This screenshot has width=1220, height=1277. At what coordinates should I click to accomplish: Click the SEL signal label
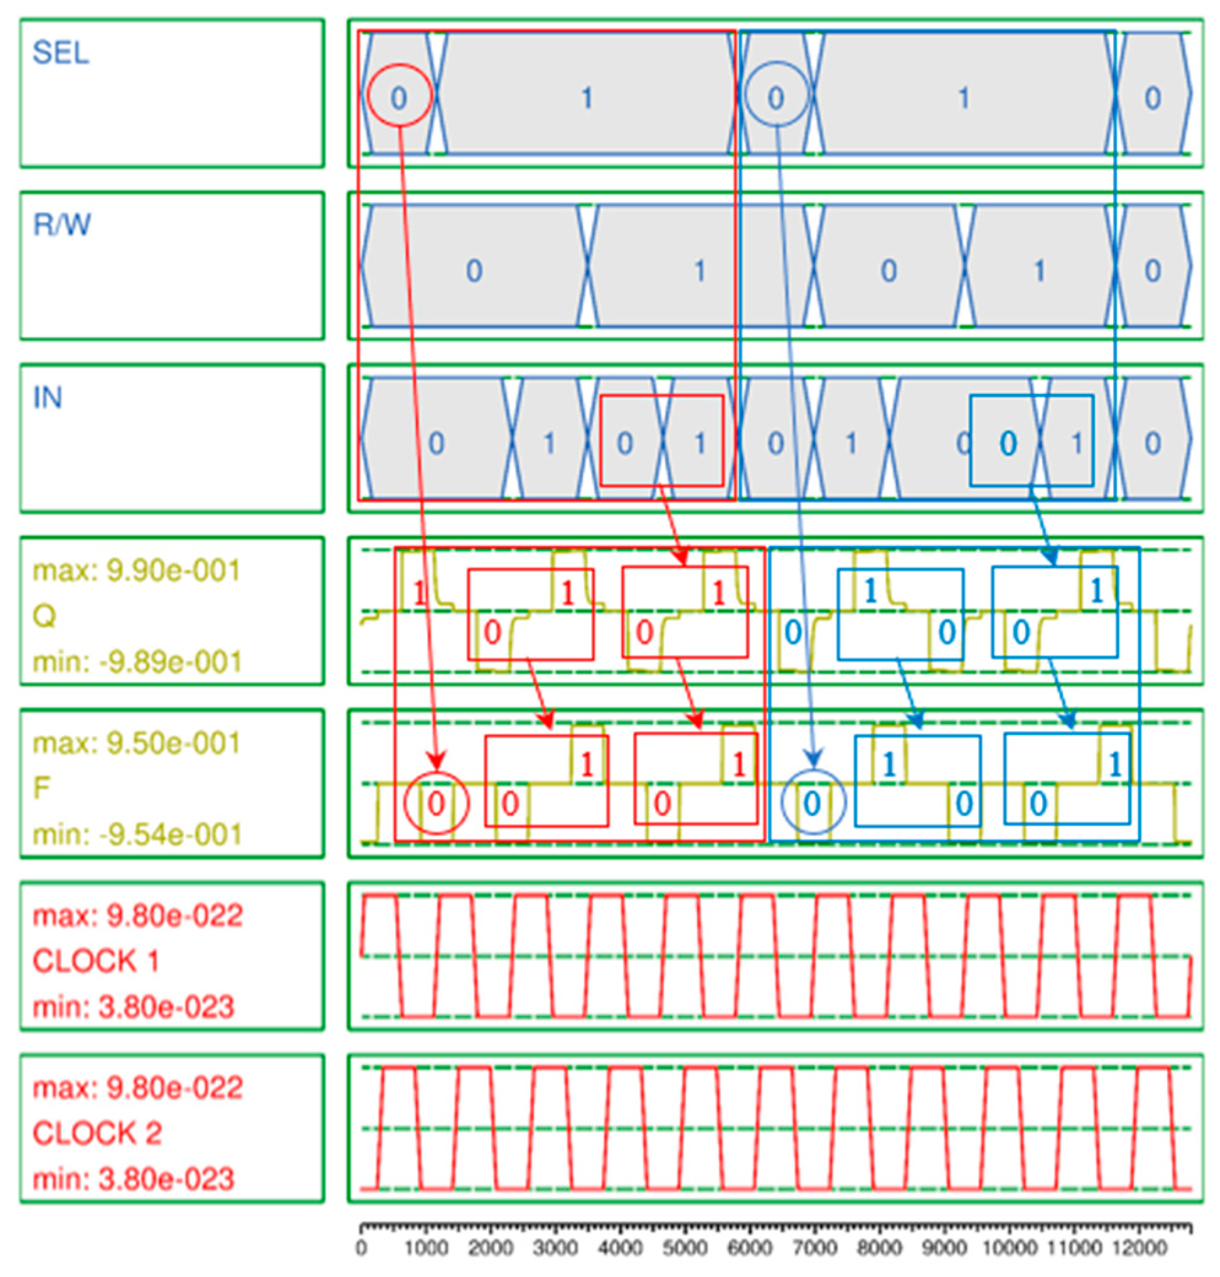61,53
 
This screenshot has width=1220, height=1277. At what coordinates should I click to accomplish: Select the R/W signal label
62,225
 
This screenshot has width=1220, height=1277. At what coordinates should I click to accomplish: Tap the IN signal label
48,398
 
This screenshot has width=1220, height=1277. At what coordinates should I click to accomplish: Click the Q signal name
44,616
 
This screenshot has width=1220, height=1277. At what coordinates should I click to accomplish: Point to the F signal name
42,788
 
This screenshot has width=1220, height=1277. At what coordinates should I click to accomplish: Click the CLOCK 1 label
96,961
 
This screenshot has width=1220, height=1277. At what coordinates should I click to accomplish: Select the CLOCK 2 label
97,1133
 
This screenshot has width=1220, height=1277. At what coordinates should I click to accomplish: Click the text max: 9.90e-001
136,571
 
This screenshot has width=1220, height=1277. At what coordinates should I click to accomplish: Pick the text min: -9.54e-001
137,834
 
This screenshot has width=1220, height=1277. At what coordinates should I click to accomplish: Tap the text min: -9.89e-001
137,662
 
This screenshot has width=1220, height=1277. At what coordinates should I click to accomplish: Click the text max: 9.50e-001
136,744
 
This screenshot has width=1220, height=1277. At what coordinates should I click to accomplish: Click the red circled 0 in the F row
436,803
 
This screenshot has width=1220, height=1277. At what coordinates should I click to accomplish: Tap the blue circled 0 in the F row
812,803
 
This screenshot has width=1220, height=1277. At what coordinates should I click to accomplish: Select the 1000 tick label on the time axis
426,1248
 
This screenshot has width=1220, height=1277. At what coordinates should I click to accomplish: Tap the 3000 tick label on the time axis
555,1248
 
